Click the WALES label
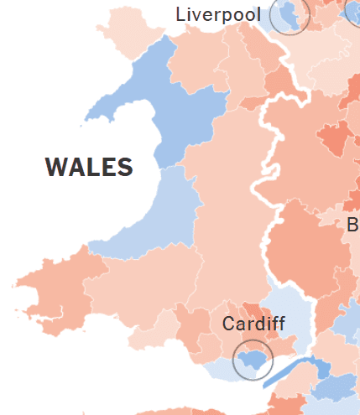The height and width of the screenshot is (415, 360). (x=89, y=168)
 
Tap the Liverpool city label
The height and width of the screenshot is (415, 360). (x=217, y=14)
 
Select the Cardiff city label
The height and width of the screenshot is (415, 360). (x=253, y=324)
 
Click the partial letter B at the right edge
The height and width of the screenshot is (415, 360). (x=352, y=225)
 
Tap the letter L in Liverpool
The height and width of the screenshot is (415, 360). (x=180, y=14)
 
